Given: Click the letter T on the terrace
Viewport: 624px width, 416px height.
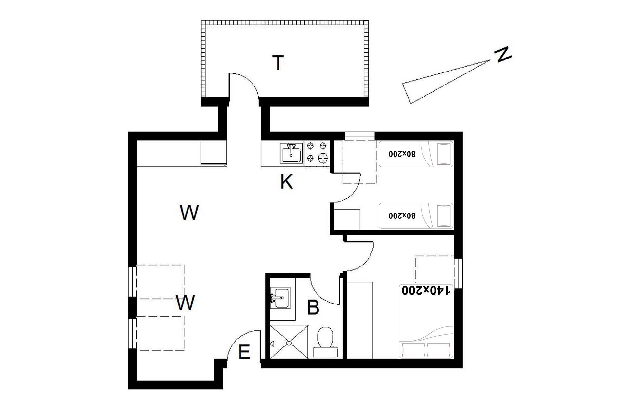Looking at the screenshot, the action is [278, 63].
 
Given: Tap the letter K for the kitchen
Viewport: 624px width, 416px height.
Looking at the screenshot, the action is [287, 182].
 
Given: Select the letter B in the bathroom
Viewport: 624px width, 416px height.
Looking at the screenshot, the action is [313, 307].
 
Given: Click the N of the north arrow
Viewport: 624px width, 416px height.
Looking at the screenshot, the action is [502, 55].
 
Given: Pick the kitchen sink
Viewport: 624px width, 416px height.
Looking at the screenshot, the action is [291, 153].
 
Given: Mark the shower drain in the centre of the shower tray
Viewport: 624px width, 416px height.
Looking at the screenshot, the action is [289, 343].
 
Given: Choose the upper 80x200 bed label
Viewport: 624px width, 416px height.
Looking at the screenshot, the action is [402, 154].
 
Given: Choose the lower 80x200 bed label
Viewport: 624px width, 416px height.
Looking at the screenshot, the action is [402, 215].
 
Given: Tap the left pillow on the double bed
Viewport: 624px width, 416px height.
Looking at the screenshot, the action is [413, 350].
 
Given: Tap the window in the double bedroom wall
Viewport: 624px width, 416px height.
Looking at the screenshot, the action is [458, 273].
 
